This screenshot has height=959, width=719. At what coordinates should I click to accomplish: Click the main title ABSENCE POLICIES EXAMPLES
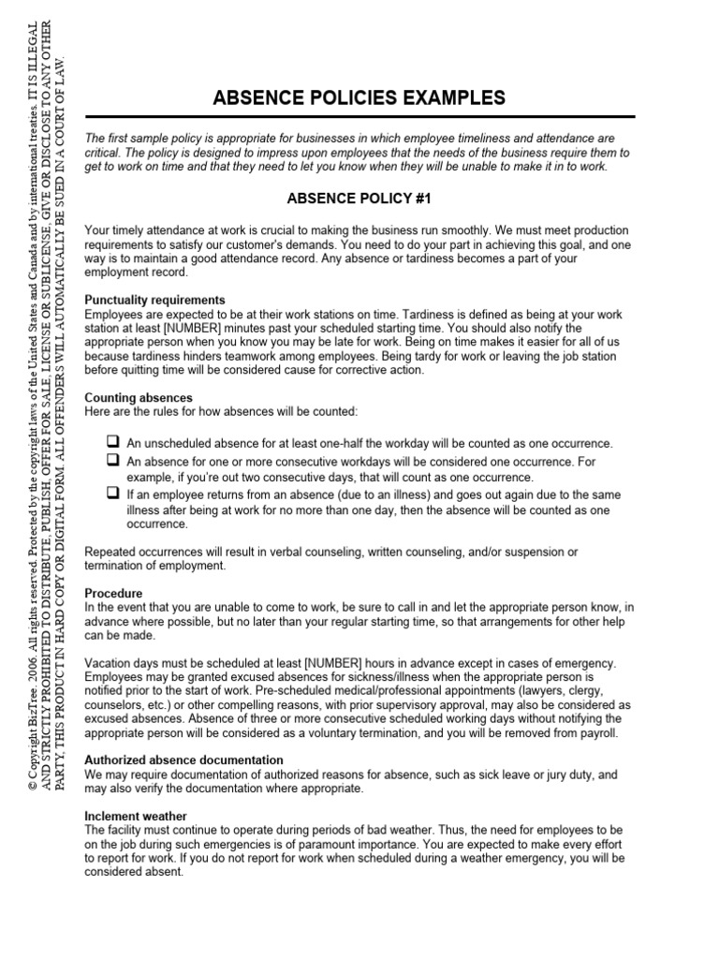(x=359, y=97)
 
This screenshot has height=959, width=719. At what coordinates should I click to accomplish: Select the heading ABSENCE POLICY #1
(x=359, y=199)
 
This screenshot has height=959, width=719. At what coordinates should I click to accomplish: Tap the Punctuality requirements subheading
(x=154, y=300)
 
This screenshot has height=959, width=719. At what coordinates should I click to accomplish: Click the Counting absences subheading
(x=139, y=398)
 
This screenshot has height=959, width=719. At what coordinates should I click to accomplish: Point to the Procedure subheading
(x=113, y=594)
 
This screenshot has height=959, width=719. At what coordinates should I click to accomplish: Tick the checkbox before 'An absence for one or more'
(x=112, y=461)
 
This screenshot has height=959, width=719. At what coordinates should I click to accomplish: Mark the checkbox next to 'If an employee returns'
(x=112, y=492)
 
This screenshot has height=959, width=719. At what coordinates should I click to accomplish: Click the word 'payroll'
(x=598, y=732)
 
